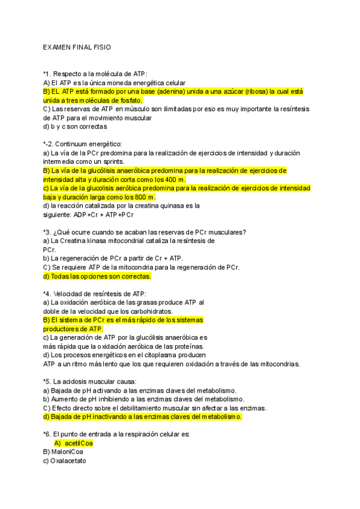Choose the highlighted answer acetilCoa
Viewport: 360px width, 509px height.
(79, 443)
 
